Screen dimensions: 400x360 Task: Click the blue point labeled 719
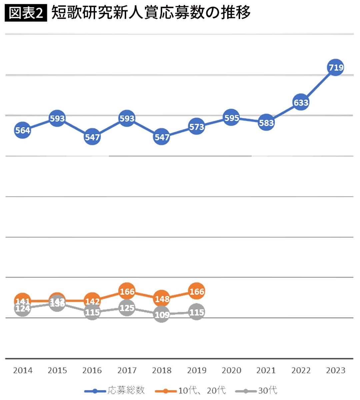click(335, 67)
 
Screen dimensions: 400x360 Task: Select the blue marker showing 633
click(301, 102)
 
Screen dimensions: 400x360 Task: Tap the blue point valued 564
click(23, 130)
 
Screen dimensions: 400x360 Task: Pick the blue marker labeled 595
click(231, 118)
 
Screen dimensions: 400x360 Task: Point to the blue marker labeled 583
click(266, 123)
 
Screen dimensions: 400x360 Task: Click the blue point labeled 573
click(196, 127)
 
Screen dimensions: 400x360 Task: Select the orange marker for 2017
click(127, 292)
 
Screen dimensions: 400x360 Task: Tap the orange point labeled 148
click(162, 299)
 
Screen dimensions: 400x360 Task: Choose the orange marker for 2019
click(196, 292)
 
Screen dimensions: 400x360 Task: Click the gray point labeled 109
click(162, 315)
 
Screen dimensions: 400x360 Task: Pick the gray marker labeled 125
click(127, 308)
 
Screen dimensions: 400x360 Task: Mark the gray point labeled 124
click(23, 309)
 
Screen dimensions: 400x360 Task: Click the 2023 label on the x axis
click(335, 370)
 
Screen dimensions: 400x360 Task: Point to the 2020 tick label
click(231, 370)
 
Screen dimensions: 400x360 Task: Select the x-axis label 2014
click(23, 370)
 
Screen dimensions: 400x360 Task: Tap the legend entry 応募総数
click(115, 390)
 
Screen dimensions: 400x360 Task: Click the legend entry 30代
click(257, 390)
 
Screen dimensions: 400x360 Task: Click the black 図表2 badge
click(26, 13)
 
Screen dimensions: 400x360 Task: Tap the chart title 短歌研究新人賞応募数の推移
click(151, 13)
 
